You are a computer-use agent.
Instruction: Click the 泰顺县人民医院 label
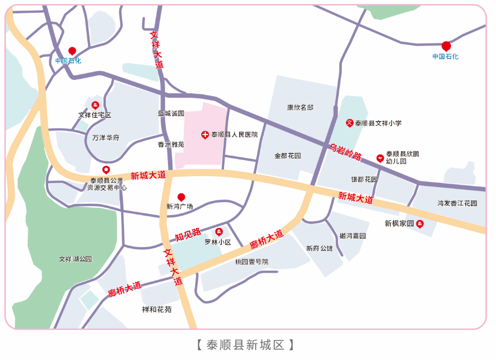(x=234, y=134)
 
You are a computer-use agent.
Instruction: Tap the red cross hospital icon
(x=205, y=135)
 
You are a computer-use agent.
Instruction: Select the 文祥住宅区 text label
(x=95, y=115)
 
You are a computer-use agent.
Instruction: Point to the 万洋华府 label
(x=106, y=137)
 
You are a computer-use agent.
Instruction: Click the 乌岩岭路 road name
(x=345, y=152)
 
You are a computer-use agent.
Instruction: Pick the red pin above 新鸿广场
(x=181, y=197)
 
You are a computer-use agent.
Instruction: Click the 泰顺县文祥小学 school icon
(x=349, y=123)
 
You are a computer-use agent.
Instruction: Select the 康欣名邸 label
(x=300, y=108)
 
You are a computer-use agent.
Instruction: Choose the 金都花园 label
(x=287, y=156)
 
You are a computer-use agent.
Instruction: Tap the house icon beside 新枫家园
(x=420, y=224)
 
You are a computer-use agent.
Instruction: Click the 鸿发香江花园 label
(x=457, y=203)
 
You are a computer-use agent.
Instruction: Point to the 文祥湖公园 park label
(x=75, y=259)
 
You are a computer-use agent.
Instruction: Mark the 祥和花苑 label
(x=157, y=309)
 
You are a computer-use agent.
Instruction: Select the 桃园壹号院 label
(x=251, y=262)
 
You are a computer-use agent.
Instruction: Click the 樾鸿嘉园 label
(x=353, y=236)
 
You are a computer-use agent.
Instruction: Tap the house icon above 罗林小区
(x=219, y=231)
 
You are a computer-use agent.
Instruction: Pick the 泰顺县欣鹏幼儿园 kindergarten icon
(x=380, y=158)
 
